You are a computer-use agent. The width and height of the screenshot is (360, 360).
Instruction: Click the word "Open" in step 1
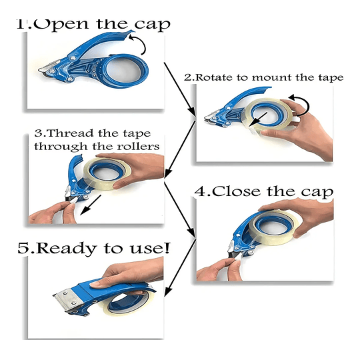click(61, 24)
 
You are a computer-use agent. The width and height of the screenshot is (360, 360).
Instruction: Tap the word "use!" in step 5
click(149, 248)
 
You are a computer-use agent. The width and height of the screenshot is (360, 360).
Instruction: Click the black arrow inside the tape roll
click(258, 119)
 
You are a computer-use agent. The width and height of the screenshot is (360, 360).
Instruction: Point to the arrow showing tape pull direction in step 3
click(91, 205)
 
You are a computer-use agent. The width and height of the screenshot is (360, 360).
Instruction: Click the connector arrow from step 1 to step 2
click(180, 89)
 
